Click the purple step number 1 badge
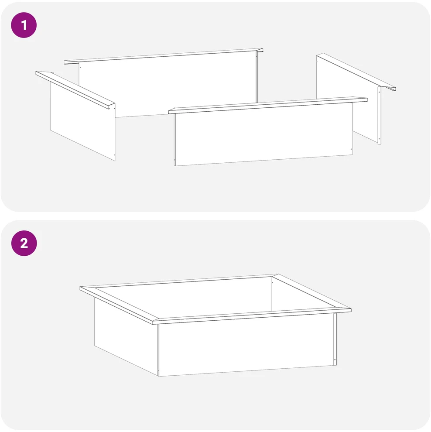point(24,25)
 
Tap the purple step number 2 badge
point(24,243)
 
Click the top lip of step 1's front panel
point(268,105)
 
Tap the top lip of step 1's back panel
point(164,56)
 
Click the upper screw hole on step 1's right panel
point(379,92)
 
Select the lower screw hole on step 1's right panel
point(379,139)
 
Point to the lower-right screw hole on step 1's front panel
point(351,149)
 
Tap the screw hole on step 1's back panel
point(80,67)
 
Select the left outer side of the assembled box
point(127,336)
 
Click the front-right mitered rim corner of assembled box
point(350,310)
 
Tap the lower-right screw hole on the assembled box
point(335,360)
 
